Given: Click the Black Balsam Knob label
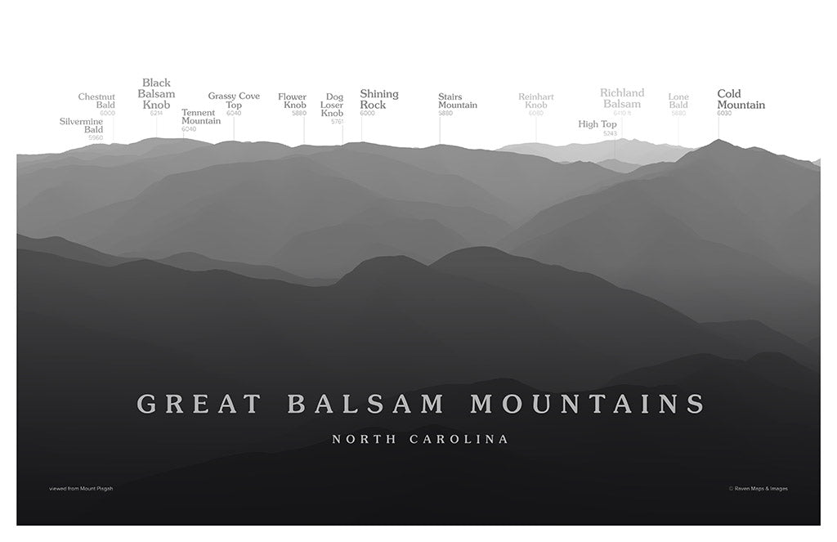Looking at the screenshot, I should (x=156, y=94).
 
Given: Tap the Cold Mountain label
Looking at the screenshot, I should (x=741, y=100).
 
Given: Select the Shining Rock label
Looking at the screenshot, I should (x=378, y=100).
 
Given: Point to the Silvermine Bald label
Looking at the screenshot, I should (x=82, y=126).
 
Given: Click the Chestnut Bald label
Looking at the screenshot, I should (x=96, y=101).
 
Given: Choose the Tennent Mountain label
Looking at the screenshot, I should (x=200, y=117).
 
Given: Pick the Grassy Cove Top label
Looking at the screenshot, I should (x=234, y=101).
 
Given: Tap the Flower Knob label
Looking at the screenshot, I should (x=292, y=101).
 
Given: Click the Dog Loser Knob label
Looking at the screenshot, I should (x=333, y=105).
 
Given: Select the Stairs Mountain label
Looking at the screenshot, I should (x=457, y=101).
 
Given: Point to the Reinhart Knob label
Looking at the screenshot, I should (x=535, y=101).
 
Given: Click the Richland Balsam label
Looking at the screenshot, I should (x=622, y=98).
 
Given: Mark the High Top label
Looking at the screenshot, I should (x=598, y=124).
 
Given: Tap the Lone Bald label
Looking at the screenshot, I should (x=678, y=101).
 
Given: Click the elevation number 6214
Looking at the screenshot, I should (x=156, y=113).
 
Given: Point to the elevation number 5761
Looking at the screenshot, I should (x=337, y=122).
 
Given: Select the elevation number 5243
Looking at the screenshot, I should (x=610, y=133).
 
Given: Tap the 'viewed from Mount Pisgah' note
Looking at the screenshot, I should (x=81, y=489).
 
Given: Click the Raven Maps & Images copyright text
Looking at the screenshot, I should (x=758, y=489).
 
